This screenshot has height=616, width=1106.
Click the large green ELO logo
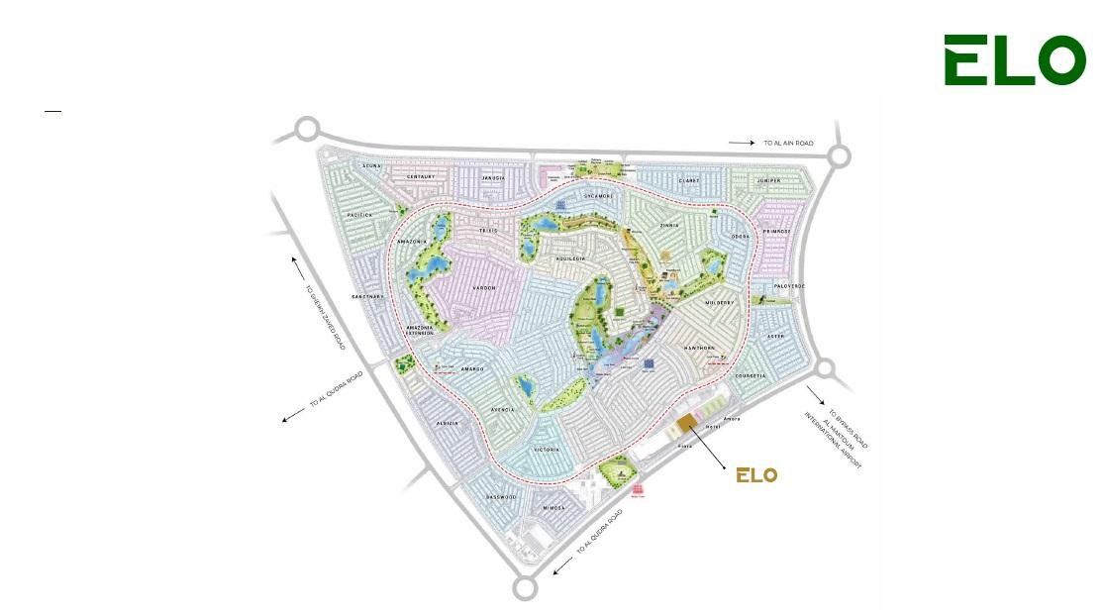(x=1014, y=60)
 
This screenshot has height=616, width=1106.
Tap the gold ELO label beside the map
(x=756, y=475)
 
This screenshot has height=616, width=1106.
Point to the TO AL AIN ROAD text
(x=787, y=144)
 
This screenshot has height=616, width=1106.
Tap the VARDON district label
(x=483, y=288)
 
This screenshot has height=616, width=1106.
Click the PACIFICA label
(x=358, y=214)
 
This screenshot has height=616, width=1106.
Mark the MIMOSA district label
(x=551, y=508)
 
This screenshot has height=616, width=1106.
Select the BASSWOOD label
(x=502, y=496)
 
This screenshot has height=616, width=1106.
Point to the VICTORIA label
(x=548, y=450)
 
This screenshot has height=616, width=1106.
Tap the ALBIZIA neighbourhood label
(x=448, y=423)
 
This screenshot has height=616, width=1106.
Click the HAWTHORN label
(x=699, y=349)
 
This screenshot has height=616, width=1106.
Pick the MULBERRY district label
(x=719, y=302)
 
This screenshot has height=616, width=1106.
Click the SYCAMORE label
(x=598, y=196)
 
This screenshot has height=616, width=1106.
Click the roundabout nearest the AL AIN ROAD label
(x=839, y=155)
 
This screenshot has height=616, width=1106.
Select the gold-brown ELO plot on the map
(x=687, y=425)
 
